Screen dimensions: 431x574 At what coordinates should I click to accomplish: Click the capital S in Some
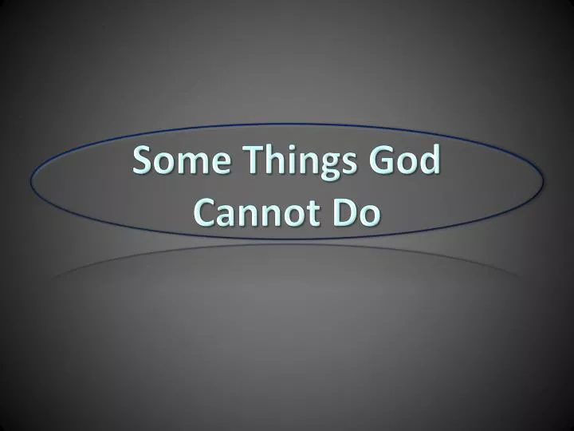tap(142, 162)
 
